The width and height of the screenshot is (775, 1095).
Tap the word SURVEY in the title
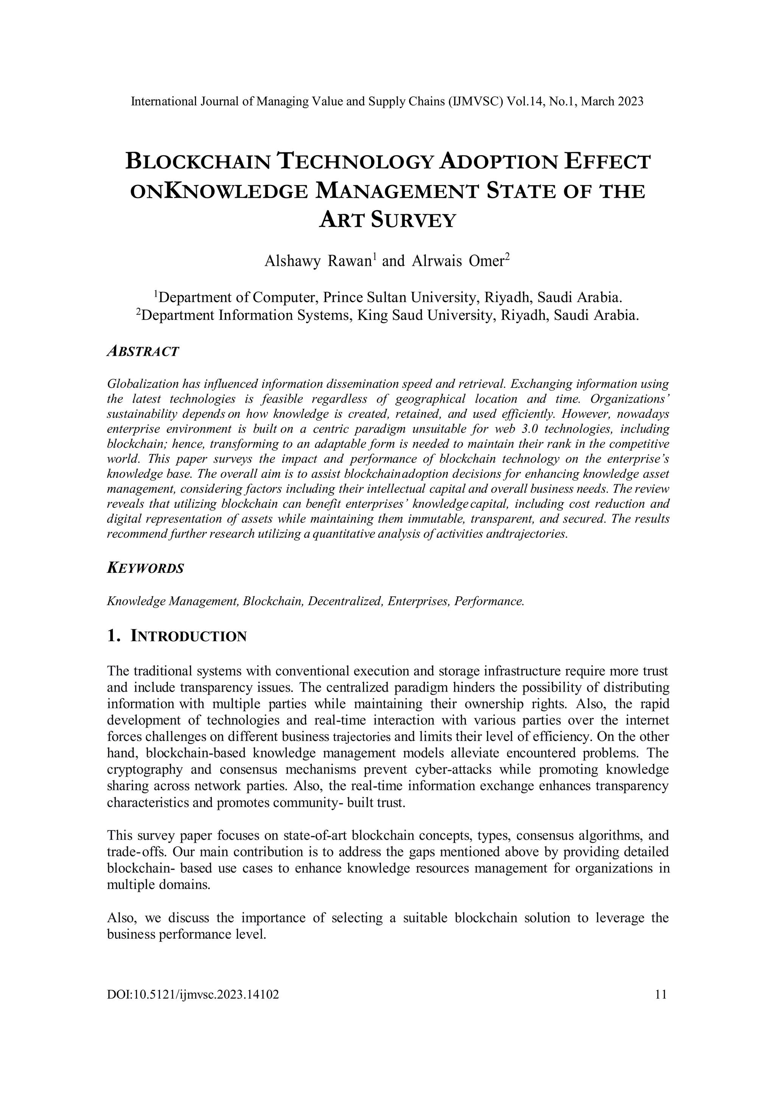[414, 220]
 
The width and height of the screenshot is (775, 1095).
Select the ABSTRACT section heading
[143, 352]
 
